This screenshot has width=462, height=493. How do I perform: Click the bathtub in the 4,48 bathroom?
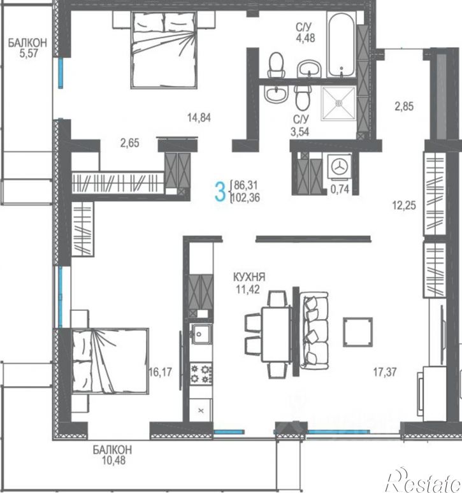pos(342,45)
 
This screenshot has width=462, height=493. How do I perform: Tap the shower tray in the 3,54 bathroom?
pos(339,103)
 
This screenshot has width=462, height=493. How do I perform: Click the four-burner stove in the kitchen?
pos(201,374)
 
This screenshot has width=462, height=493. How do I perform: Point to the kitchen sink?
pos(201,334)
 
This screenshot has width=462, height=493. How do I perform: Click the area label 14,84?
pos(199,118)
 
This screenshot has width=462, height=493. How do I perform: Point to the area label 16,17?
pos(161,372)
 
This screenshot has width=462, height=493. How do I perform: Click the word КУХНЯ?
pos(249,277)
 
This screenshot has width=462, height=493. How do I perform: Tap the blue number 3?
pos(220,192)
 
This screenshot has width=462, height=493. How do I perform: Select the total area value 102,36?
pos(245,198)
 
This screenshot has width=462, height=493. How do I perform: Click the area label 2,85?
pos(404,106)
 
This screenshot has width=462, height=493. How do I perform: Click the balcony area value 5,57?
pos(29,53)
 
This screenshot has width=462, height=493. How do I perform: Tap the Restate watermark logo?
pos(424,479)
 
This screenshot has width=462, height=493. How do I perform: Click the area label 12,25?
pos(404,206)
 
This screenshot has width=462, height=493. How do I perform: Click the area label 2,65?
pos(129,143)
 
